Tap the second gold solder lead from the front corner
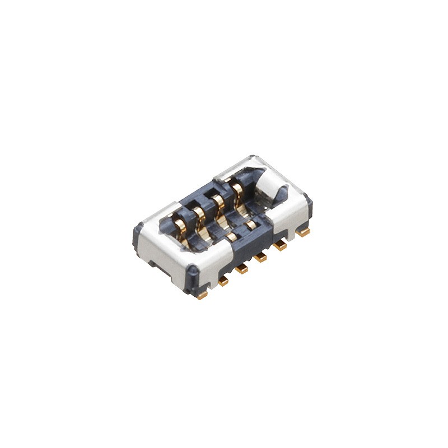(223, 282)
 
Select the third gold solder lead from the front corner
(241, 269)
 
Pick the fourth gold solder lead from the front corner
(259, 258)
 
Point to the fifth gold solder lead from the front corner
(279, 245)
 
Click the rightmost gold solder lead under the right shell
(303, 231)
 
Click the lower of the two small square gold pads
(232, 237)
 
